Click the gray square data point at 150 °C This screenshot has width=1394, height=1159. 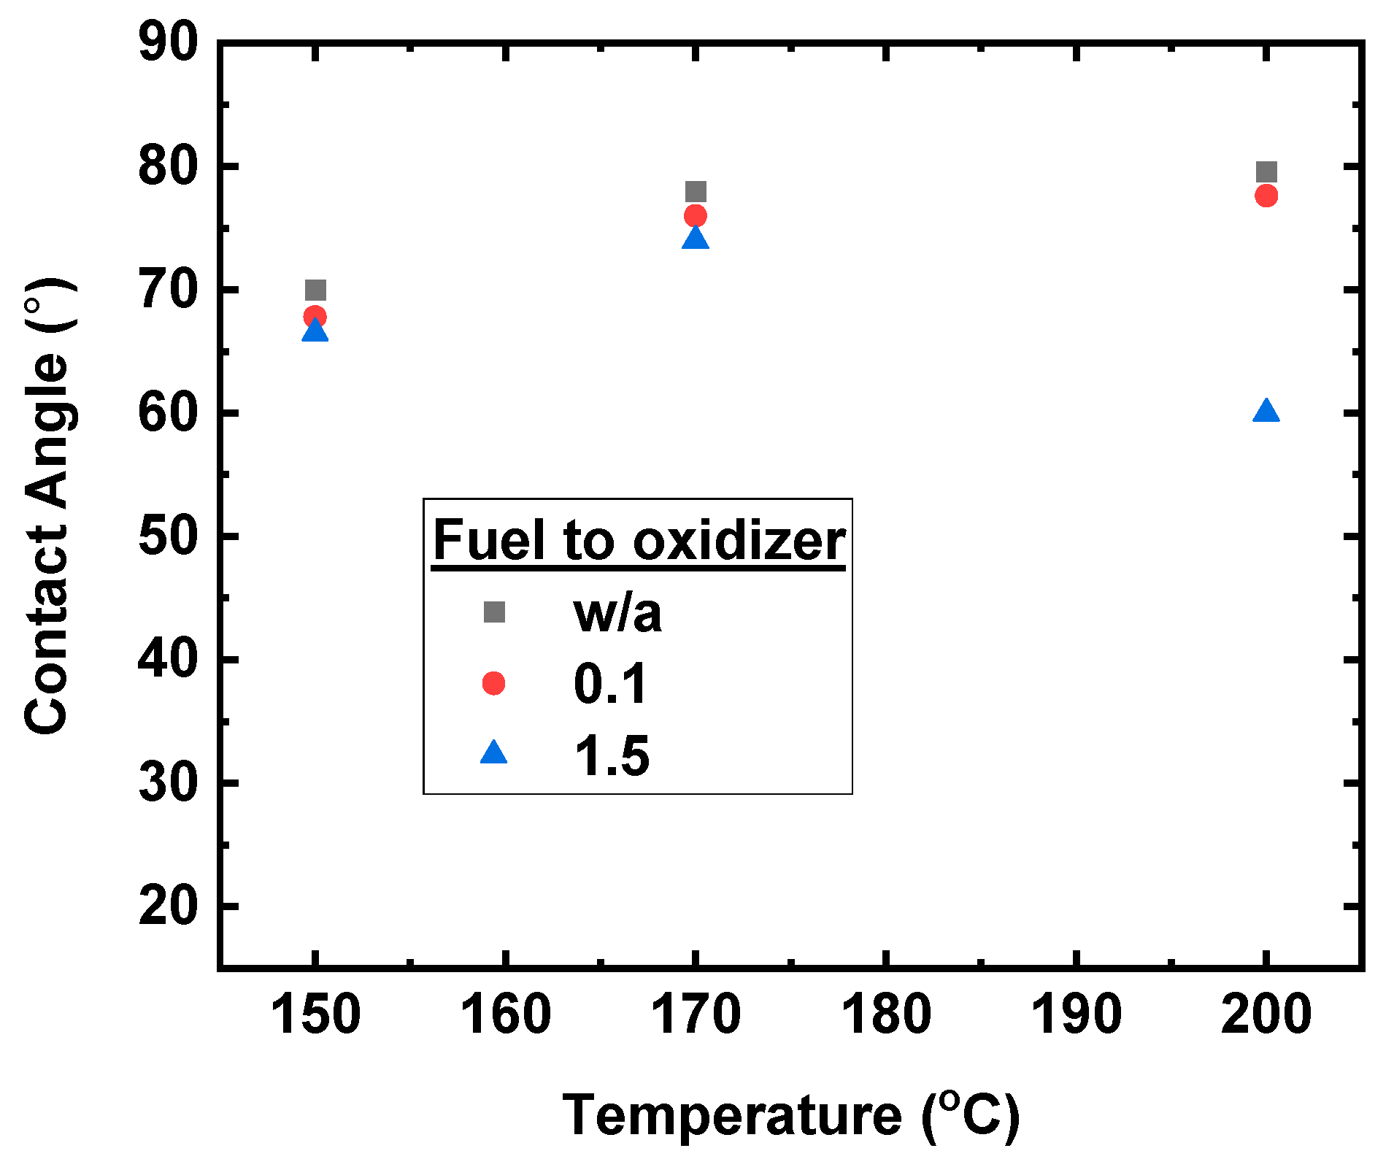[315, 290]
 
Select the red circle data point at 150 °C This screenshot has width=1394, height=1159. [315, 317]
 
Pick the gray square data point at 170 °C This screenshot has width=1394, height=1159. [696, 192]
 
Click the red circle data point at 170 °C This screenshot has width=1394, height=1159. [696, 216]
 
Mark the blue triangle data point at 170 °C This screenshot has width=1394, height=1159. [696, 239]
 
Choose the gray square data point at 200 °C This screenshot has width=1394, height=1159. [1266, 172]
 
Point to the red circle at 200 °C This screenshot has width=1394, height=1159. [1266, 196]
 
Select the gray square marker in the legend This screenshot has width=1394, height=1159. [494, 612]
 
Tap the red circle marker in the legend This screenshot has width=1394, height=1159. [494, 683]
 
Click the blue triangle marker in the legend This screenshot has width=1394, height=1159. [494, 753]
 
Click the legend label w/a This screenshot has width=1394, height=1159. [617, 613]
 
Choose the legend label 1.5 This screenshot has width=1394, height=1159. [612, 755]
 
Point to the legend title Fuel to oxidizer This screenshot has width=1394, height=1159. [639, 541]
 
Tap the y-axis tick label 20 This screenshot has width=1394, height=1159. [169, 906]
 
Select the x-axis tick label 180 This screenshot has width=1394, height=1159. [886, 1014]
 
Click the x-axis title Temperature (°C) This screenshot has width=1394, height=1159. [791, 1115]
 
